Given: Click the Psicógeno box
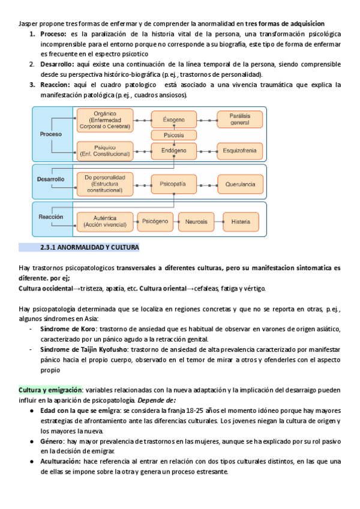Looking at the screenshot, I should [155, 221].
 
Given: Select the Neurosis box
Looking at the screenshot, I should [196, 221].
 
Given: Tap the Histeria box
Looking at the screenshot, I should [241, 221].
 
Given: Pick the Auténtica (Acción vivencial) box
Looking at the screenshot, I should [104, 221].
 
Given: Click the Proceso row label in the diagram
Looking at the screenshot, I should [51, 134].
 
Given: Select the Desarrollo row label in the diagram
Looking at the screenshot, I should [51, 179].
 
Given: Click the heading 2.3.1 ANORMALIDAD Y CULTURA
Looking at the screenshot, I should [89, 247].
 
